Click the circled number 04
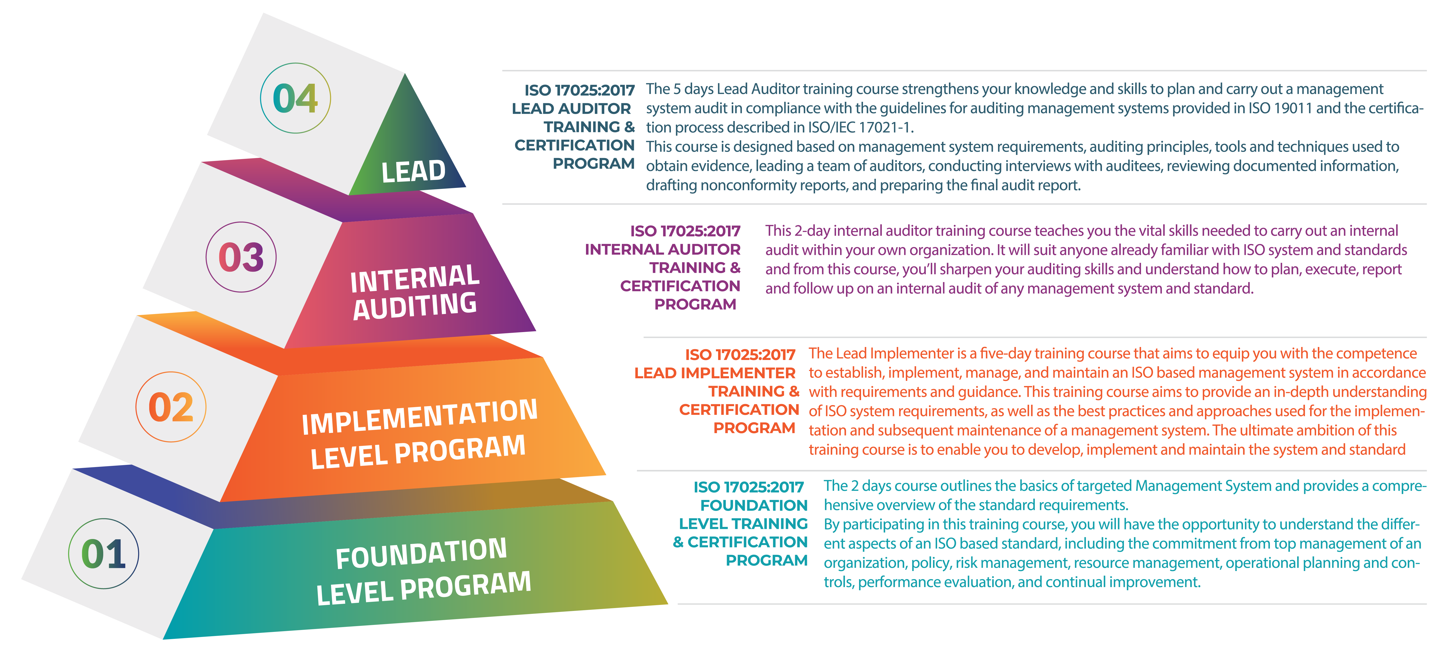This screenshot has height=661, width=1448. pos(295,98)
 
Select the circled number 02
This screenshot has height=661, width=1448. pos(171,407)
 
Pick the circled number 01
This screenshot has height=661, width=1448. pos(103,554)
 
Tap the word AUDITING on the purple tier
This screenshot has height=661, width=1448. pos(415,306)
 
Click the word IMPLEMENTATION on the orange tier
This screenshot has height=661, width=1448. pos(419,417)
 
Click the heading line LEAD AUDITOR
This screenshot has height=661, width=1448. pos(571,109)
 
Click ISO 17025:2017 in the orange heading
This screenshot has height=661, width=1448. pos(740,355)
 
